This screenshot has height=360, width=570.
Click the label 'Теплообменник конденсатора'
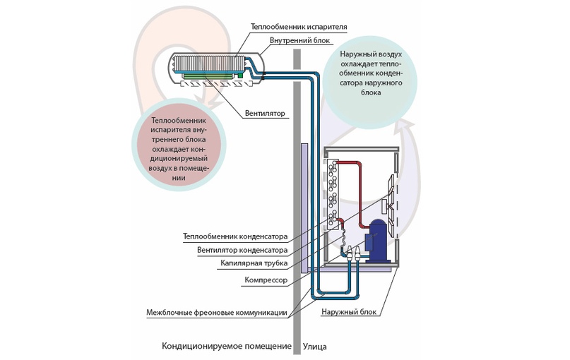(233, 236)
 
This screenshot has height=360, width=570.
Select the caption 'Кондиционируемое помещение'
(226, 347)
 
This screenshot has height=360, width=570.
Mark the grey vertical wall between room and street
(298, 212)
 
